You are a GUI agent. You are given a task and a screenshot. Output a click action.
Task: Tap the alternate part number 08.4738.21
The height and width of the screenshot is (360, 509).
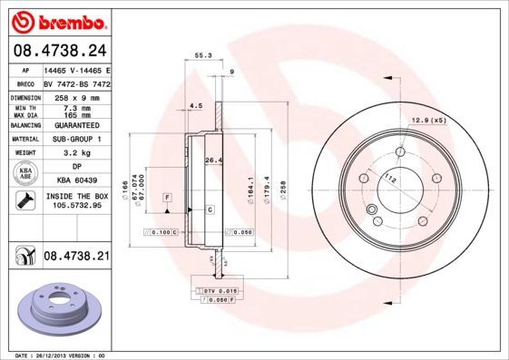click(76, 258)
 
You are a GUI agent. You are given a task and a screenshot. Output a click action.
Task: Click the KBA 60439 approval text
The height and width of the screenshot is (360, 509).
click(76, 180)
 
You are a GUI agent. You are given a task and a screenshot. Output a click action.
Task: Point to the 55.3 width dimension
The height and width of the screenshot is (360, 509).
click(203, 56)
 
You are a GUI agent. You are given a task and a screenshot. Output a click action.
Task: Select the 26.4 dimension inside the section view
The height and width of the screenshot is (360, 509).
click(214, 161)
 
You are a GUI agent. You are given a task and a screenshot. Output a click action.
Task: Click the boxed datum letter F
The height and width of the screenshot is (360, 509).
click(167, 197)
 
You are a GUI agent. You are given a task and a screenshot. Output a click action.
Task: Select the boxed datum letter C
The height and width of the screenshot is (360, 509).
click(210, 209)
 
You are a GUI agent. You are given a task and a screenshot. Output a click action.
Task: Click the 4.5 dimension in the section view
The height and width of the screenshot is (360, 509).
click(194, 105)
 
